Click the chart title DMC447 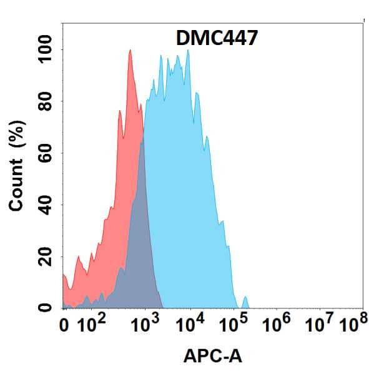tap(214, 39)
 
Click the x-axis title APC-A tap(212, 356)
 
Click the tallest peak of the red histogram tap(130, 52)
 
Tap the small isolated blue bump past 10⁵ tap(245, 302)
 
